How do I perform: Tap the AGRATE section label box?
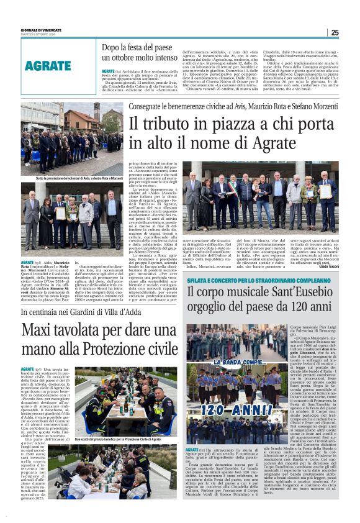pos(48,65)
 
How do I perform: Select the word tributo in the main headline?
pos(162,124)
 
